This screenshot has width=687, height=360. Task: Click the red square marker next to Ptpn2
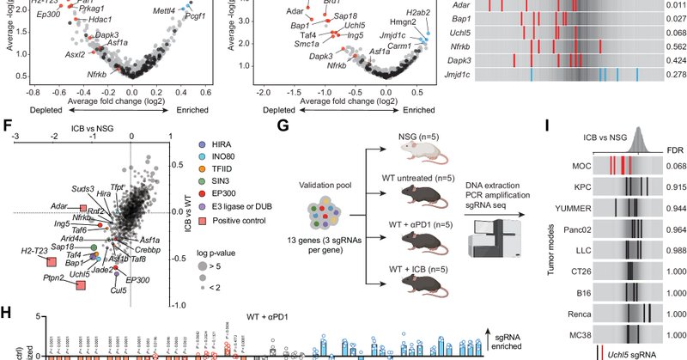[x=82, y=284]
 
